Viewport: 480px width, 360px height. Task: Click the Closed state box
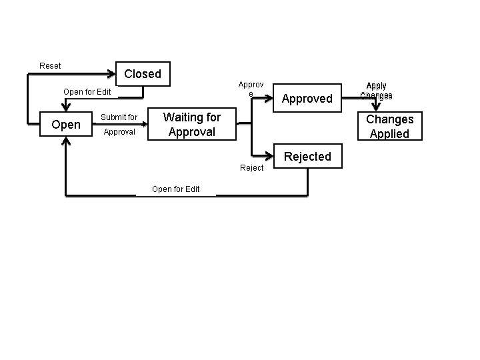pos(143,74)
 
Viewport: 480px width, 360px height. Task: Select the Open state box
pos(66,125)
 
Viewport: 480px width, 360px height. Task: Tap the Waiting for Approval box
pos(192,125)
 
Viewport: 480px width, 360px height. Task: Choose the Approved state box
pos(307,99)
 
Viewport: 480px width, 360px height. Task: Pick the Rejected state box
pos(307,157)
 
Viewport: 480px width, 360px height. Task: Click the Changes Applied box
pos(390,126)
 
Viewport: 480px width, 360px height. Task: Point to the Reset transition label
pos(50,65)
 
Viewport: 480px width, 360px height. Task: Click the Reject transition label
pos(252,168)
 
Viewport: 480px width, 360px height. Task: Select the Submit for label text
pos(119,117)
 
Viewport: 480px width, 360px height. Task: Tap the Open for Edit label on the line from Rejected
pos(176,189)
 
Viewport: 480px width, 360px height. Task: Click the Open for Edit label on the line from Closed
pos(87,92)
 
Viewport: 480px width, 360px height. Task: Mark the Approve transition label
pos(251,89)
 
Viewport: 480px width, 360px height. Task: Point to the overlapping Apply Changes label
pos(376,91)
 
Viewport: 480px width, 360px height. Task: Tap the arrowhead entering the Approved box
pos(270,99)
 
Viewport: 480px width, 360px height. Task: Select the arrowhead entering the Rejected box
pos(270,157)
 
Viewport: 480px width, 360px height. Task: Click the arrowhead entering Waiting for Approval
pos(143,124)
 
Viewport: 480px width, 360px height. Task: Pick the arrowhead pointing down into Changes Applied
pos(376,107)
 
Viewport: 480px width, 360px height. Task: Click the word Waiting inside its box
pos(180,117)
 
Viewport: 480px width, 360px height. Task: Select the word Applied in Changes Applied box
pos(389,133)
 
